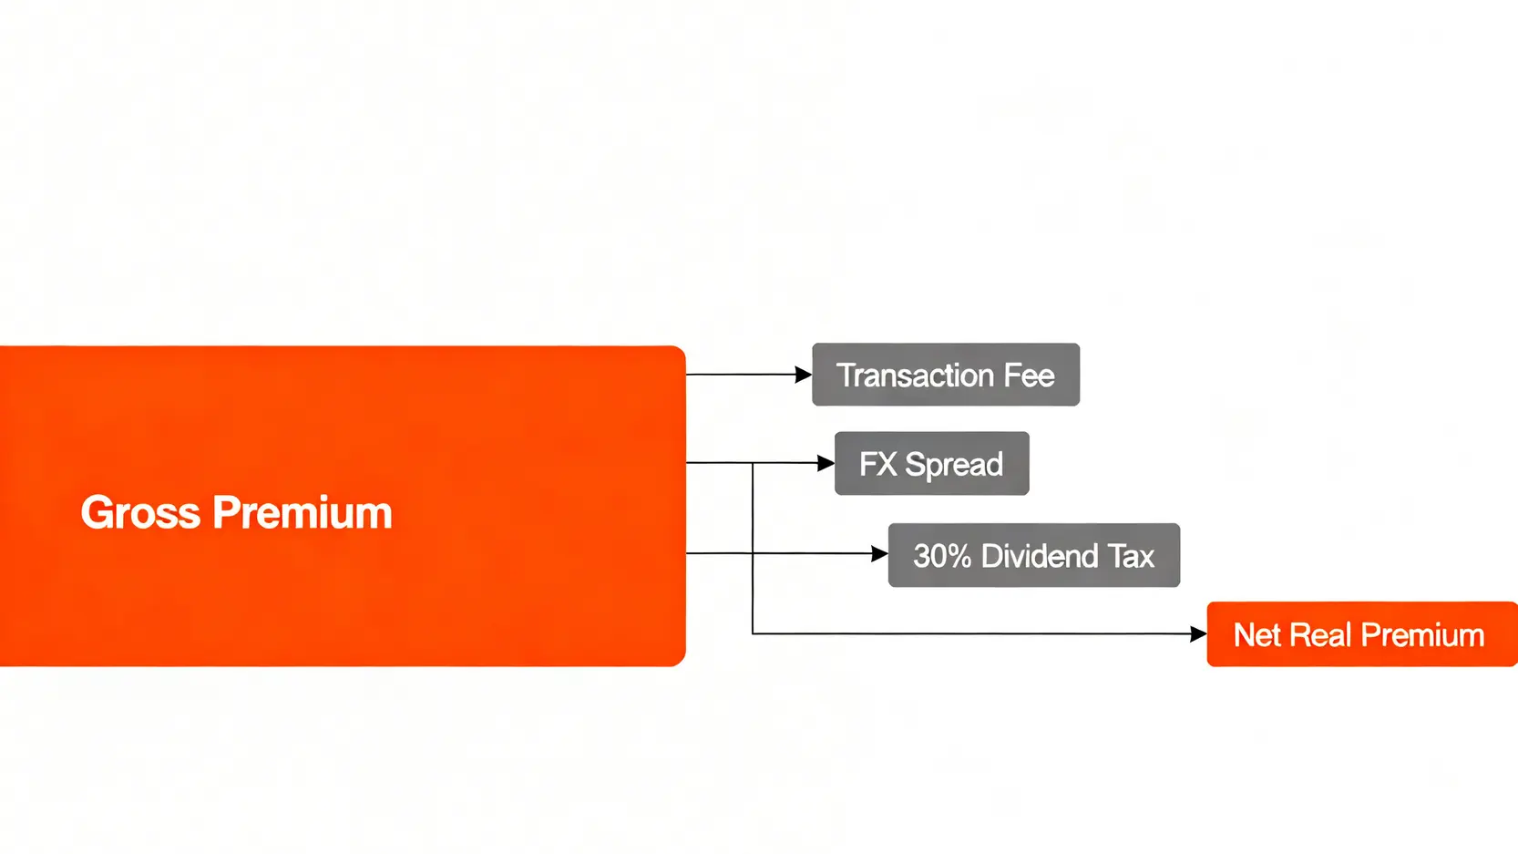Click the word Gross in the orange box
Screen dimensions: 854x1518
[139, 513]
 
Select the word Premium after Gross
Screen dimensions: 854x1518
[303, 513]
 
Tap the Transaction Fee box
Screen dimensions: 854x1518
[946, 375]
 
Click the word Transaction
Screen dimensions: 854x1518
[915, 376]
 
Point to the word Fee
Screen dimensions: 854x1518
[1029, 376]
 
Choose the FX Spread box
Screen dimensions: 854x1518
[931, 464]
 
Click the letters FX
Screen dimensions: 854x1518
[877, 465]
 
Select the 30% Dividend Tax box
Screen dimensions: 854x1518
[1033, 555]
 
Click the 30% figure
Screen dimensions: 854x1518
[942, 556]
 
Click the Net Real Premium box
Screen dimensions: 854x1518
[1361, 634]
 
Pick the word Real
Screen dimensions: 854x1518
[1320, 635]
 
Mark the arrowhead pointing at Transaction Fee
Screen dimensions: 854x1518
[803, 375]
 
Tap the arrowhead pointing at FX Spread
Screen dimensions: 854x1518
[826, 464]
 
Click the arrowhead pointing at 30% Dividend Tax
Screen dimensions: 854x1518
[879, 554]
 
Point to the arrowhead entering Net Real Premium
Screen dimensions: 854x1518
[1198, 634]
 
